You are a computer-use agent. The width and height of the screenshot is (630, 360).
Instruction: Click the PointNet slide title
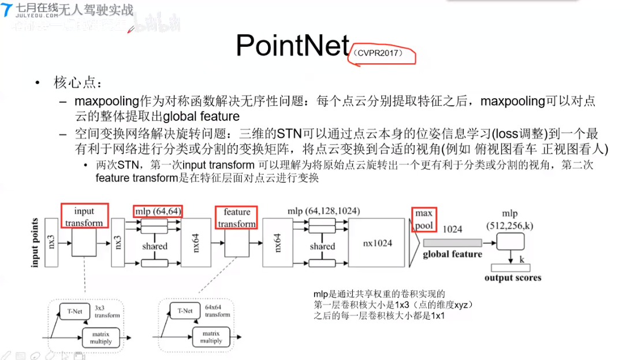click(293, 45)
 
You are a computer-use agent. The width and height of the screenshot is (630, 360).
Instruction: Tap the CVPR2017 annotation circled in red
click(382, 54)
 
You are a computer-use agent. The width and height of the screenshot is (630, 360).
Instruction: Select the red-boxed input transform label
click(84, 217)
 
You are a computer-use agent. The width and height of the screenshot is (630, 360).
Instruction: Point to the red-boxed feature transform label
click(237, 218)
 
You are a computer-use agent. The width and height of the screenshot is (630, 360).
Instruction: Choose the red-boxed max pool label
click(424, 219)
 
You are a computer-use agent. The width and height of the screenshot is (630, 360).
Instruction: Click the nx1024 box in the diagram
click(378, 243)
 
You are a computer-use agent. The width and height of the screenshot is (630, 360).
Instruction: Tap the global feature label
click(452, 254)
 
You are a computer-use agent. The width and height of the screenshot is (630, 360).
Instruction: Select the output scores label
click(513, 278)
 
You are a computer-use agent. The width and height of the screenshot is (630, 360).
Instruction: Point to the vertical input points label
click(35, 243)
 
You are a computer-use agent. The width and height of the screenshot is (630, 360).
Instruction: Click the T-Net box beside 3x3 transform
click(74, 311)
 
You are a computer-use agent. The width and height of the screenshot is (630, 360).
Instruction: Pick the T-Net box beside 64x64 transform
click(185, 311)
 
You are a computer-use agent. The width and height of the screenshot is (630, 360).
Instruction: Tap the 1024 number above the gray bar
click(452, 229)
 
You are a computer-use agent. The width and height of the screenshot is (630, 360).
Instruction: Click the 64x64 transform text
click(217, 311)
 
